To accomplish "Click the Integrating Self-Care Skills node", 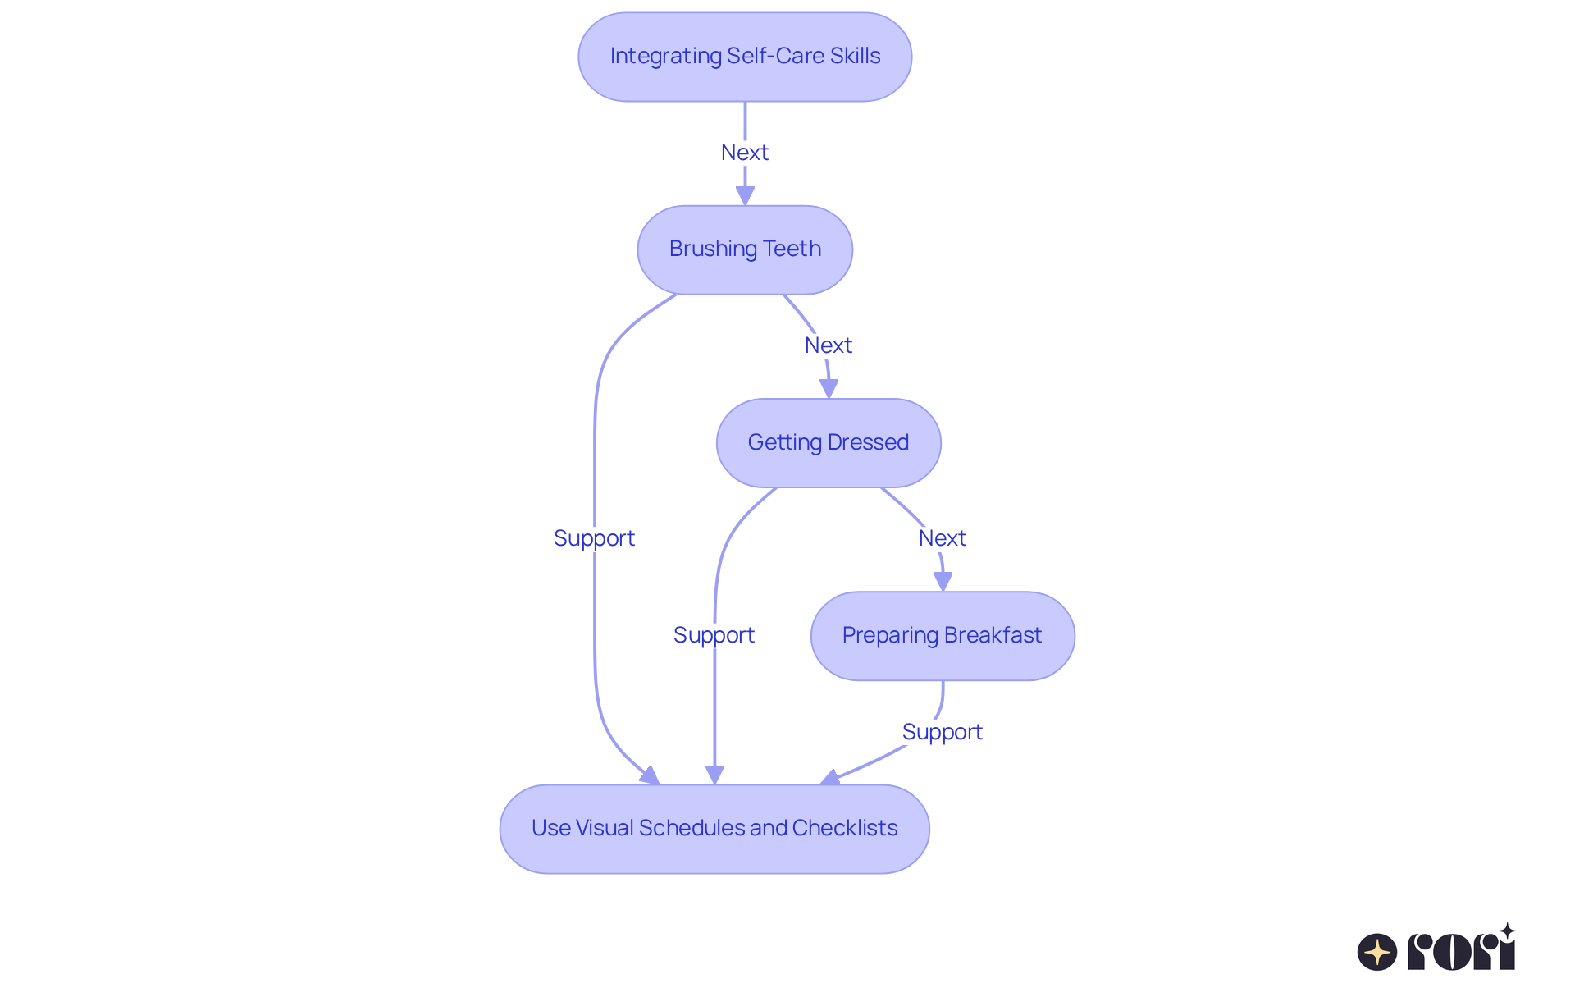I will [745, 57].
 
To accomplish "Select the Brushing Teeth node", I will [745, 249].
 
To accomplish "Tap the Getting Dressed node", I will [829, 443].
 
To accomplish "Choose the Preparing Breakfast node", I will [943, 636].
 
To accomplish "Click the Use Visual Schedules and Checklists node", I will [714, 829].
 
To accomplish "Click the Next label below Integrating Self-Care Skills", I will [745, 153].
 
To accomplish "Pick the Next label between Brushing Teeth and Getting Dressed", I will [829, 345].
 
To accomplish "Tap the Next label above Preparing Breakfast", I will [943, 538].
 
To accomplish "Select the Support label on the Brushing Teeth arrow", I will [594, 538].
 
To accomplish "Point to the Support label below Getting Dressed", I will [714, 635].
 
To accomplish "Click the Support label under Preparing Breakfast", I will [943, 732].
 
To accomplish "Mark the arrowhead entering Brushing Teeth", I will [745, 196].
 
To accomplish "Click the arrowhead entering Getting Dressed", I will [829, 389].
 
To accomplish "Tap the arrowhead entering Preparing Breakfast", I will [943, 582].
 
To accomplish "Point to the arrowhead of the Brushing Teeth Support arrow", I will [651, 775].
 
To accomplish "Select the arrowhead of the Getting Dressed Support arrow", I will [714, 775].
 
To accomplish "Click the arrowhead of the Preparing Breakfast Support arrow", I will [830, 778].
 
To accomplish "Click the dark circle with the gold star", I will [1377, 952].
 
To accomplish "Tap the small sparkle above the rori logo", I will [1507, 931].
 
